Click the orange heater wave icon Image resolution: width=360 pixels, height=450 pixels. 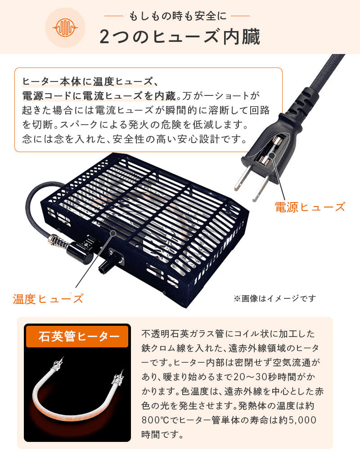pos(65,28)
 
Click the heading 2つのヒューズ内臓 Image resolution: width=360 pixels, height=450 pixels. pos(180,37)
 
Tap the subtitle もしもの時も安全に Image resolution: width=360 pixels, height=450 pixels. pos(177,16)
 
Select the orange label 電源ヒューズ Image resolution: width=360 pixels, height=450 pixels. pos(310,207)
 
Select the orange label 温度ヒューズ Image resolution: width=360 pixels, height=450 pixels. pos(48,299)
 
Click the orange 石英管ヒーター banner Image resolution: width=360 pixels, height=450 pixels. pos(77,336)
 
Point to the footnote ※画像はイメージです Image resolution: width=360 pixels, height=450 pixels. pos(274,298)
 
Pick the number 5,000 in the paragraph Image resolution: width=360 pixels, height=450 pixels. pos(302,420)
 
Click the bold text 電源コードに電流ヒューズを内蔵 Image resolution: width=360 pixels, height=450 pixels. pos(99,96)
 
